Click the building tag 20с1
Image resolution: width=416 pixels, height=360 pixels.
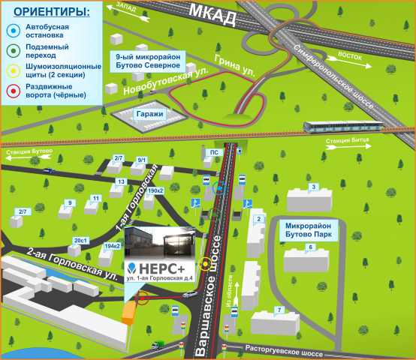pyautogui.click(x=80, y=240)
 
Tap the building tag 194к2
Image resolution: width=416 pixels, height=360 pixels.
pyautogui.click(x=112, y=246)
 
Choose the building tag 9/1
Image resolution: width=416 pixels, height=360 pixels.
pyautogui.click(x=142, y=160)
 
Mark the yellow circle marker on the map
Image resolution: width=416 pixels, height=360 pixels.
pyautogui.click(x=206, y=265)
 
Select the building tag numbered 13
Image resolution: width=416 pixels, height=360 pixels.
pyautogui.click(x=121, y=181)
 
